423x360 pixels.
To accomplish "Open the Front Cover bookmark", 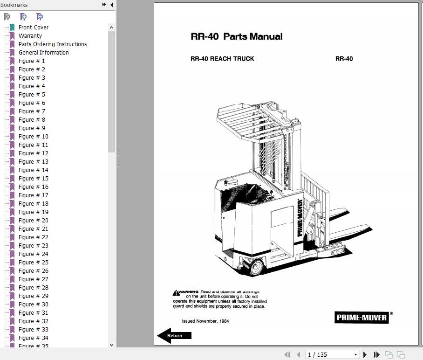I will [33, 28].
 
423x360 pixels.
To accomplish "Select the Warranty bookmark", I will [30, 36].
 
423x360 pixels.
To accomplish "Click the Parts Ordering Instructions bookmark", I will [52, 44].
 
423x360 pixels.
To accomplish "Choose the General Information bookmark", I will [43, 53].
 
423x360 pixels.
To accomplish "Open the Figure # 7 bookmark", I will [32, 111].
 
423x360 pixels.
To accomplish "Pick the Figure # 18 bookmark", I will [33, 204].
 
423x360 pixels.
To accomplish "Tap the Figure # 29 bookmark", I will [33, 296].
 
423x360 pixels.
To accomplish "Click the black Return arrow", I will [174, 335].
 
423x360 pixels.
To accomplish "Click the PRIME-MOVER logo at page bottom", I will [362, 318].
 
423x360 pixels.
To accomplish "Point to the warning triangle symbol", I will [176, 293].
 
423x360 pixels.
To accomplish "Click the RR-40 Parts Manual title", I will [237, 36].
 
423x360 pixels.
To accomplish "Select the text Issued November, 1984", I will [205, 321].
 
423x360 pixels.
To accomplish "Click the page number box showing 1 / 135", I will [332, 354].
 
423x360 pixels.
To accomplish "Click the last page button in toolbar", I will [376, 354].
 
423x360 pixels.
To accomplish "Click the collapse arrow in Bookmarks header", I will [111, 5].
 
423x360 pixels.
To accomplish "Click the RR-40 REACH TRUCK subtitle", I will [222, 59].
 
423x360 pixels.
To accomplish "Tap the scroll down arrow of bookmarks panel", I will [111, 345].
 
